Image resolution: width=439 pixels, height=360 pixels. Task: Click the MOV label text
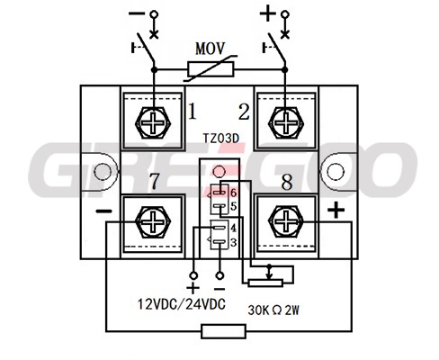coord(210,49)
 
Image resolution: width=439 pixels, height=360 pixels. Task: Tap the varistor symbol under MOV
coord(211,69)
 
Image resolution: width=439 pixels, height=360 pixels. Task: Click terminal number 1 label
coord(193,112)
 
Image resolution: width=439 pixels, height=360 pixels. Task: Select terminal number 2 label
coord(244,112)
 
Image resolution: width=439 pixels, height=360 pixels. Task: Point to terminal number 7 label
coord(155,181)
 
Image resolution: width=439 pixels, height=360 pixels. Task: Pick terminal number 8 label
coord(287,182)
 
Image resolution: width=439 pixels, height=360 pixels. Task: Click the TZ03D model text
coord(221,139)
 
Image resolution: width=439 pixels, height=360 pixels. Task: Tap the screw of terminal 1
coord(153,122)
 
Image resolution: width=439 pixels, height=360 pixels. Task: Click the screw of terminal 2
coord(286,122)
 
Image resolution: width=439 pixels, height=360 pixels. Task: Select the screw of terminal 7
coord(153,222)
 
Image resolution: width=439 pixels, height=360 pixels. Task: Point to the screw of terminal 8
coord(286,222)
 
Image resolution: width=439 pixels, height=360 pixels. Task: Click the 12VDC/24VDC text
coord(182,304)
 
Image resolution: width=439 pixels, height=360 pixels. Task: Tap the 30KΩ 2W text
coord(273,310)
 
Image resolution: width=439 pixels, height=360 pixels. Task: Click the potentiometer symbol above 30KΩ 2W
coord(265,282)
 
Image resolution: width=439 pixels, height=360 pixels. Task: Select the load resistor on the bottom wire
coord(224,331)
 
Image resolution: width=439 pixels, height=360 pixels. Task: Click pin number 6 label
coord(234,193)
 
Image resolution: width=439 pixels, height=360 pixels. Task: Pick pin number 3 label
coord(234,242)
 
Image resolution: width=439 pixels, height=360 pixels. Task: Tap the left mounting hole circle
coord(103,172)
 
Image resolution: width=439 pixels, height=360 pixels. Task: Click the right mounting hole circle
coord(336,172)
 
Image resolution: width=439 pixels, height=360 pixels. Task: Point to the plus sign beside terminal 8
coord(336,210)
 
